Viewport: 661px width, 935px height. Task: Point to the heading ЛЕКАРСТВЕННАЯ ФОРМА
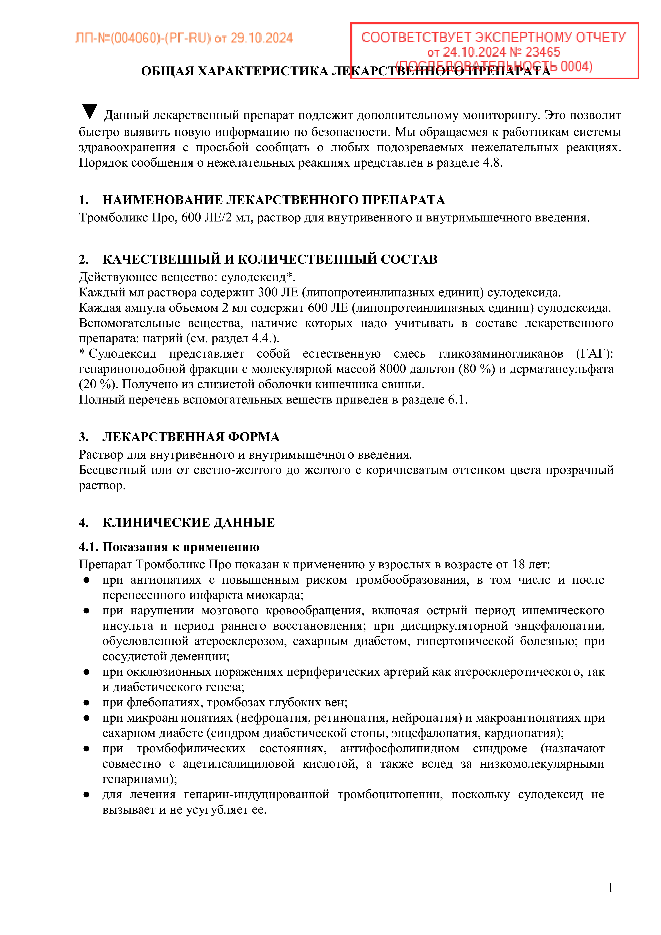pos(191,437)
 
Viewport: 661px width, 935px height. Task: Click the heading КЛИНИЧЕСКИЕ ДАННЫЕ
pos(189,523)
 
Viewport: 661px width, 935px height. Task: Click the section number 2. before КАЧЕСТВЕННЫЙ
pos(83,259)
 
